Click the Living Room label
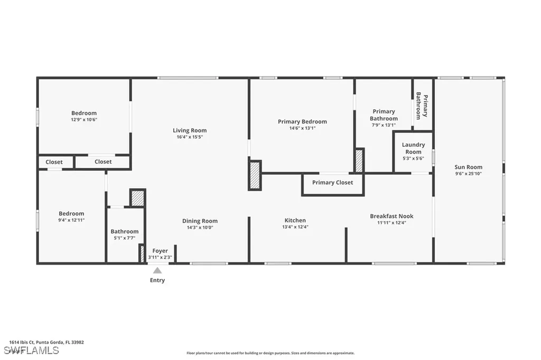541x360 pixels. tap(190, 130)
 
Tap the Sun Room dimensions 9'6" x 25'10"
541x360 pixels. tap(468, 174)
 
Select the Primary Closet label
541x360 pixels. tap(332, 183)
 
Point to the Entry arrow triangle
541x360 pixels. tap(157, 270)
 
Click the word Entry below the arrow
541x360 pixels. tap(157, 280)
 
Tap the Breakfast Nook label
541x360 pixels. tap(391, 216)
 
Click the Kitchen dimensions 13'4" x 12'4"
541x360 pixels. tap(295, 227)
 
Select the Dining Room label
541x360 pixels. tap(200, 221)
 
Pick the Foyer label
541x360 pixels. tap(160, 251)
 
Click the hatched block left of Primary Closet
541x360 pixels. tap(255, 175)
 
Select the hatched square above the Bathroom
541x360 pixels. tap(137, 198)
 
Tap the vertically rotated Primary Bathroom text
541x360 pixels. tap(422, 106)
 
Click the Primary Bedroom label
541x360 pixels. tap(302, 121)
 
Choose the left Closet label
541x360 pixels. tap(54, 162)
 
